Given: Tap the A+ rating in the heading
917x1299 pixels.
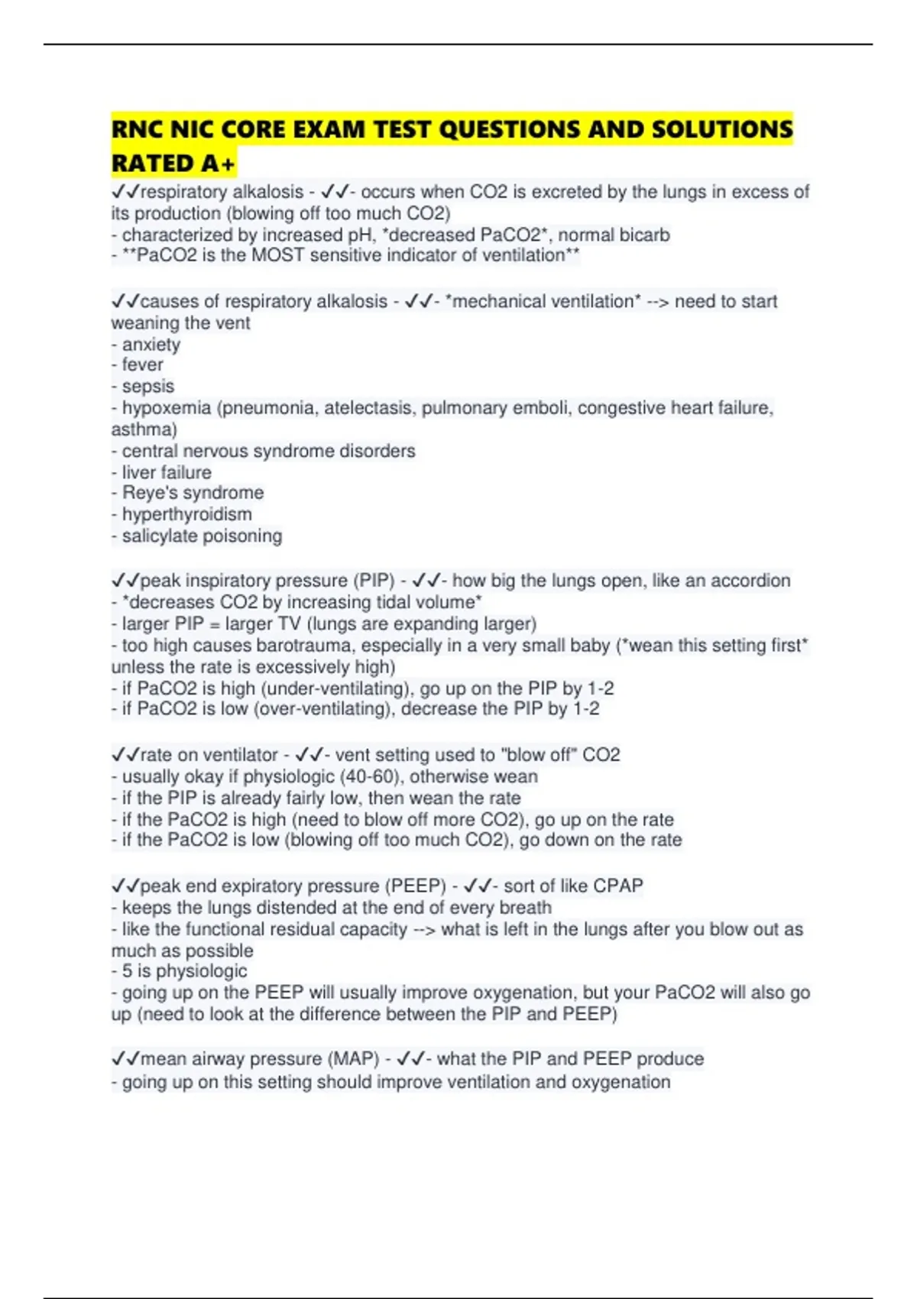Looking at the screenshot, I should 219,163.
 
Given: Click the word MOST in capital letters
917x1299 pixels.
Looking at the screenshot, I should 277,255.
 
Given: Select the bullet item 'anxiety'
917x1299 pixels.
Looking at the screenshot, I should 151,345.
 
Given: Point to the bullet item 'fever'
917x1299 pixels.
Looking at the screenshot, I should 142,365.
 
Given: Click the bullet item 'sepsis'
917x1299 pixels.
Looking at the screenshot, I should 147,387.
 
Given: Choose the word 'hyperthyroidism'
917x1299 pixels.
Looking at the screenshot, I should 186,514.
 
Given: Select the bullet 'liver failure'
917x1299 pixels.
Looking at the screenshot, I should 166,472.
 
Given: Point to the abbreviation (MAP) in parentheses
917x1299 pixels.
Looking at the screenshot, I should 354,1059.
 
